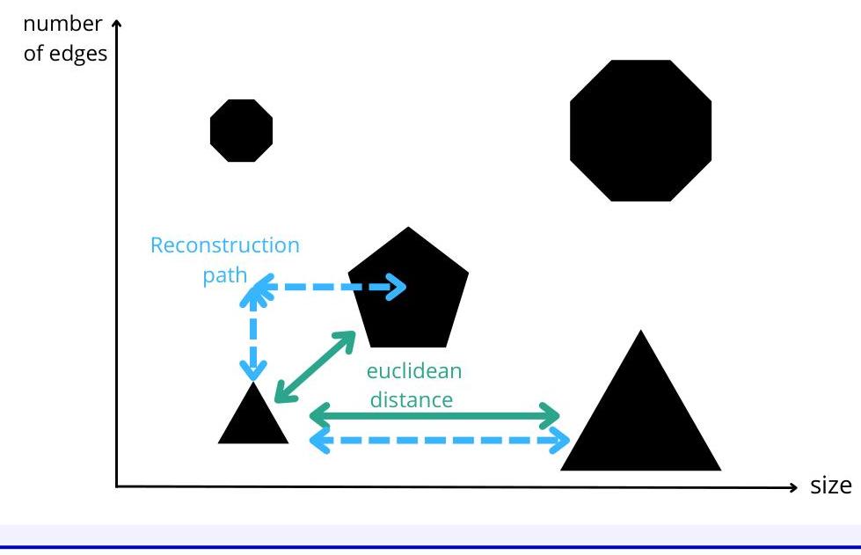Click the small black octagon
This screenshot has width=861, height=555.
(x=241, y=130)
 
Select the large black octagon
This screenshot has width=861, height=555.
(x=640, y=130)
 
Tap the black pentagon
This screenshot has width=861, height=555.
(x=409, y=290)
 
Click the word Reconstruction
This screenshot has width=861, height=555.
(x=225, y=245)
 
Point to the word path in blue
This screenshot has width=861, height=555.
(x=224, y=275)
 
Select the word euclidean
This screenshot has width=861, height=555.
(x=413, y=370)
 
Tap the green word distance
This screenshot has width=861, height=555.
(x=411, y=399)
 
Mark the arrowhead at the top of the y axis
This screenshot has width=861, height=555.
(x=115, y=26)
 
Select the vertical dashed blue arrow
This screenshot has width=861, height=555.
(x=253, y=330)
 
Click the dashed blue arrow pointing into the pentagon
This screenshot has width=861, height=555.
(x=330, y=287)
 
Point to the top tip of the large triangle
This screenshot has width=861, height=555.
(x=641, y=332)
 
